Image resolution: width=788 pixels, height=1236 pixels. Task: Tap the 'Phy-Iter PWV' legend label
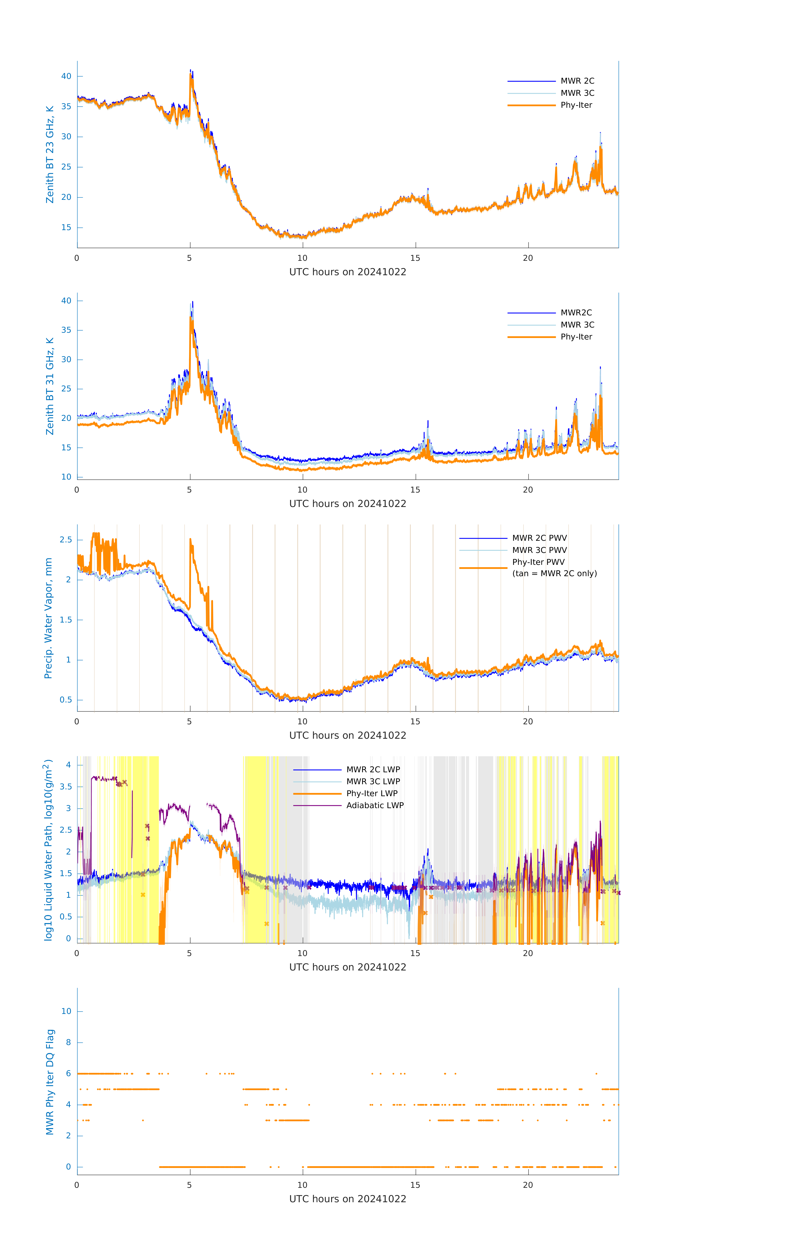click(538, 562)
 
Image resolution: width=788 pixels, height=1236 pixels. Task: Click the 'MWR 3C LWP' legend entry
click(373, 781)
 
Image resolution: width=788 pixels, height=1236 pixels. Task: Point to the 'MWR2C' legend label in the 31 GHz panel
click(576, 313)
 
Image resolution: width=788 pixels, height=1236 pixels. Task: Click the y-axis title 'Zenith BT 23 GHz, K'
click(50, 154)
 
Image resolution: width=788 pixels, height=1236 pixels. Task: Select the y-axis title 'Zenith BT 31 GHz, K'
click(50, 386)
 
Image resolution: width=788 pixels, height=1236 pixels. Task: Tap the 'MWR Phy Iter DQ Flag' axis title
click(50, 1081)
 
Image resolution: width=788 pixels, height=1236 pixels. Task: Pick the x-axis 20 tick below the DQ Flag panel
click(528, 1185)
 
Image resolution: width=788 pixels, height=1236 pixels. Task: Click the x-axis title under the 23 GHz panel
click(348, 272)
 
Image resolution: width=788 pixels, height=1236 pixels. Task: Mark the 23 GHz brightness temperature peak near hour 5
click(191, 72)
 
